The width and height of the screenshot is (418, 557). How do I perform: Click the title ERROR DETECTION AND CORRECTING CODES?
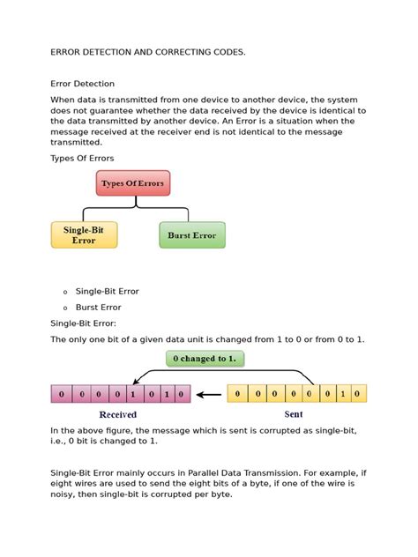coord(148,53)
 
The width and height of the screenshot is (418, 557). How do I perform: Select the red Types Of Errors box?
coord(132,183)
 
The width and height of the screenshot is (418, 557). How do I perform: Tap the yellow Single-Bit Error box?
coord(84,234)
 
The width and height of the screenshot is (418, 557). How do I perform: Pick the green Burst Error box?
coord(191,235)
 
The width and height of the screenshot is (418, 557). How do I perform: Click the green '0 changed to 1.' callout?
coord(205,359)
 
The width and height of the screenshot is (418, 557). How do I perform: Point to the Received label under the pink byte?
coord(117,413)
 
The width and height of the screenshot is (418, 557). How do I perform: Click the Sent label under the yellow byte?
coord(294,413)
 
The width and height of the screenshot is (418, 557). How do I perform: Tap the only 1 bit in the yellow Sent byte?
coord(340,393)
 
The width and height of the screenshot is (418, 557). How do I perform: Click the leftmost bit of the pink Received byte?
coord(59,393)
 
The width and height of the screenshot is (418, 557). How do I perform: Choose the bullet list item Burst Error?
coord(99,308)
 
